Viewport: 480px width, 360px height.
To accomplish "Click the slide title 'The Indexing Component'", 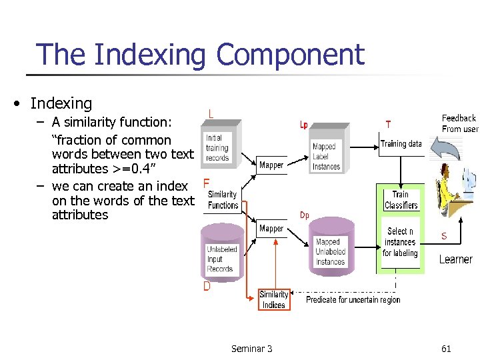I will coord(200,54).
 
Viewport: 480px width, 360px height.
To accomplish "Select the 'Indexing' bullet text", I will coord(61,103).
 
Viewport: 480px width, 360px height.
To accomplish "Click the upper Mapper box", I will coord(271,165).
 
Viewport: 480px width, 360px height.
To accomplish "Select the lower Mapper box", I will coord(271,229).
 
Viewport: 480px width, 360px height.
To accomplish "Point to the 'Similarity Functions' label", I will coord(223,200).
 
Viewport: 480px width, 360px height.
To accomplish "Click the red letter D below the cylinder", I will coord(207,287).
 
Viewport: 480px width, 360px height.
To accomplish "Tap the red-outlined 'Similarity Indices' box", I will coord(273,299).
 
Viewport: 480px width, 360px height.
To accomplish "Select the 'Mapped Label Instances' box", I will coord(325,155).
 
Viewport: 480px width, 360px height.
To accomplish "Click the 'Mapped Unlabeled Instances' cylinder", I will coord(330,250).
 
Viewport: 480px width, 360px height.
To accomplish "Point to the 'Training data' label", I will coord(401,143).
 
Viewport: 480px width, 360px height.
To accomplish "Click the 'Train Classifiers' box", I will coord(401,200).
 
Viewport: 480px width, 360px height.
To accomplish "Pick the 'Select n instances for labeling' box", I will coord(401,242).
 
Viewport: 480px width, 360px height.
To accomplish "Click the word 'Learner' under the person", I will coord(455,259).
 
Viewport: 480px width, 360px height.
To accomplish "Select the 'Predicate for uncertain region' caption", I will coord(353,300).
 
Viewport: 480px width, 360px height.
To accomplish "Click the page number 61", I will coord(446,348).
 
